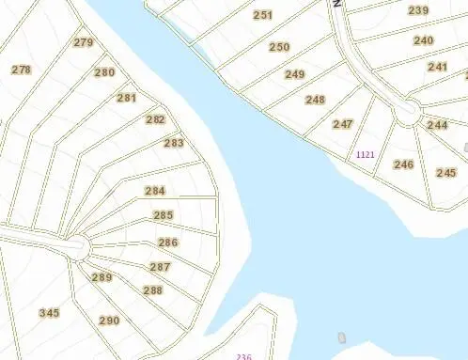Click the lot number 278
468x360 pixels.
(x=22, y=70)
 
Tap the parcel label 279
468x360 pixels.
(x=84, y=42)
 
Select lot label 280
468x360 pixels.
(x=104, y=72)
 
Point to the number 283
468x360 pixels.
(x=174, y=143)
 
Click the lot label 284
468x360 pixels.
(x=155, y=191)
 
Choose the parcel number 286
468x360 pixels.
(x=168, y=243)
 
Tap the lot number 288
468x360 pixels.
(x=153, y=290)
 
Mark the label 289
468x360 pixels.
(x=101, y=277)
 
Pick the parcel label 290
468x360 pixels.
(x=109, y=321)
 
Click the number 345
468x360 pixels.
(x=49, y=313)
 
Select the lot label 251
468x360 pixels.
(x=263, y=15)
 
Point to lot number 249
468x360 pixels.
(x=295, y=74)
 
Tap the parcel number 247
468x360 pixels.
(x=343, y=124)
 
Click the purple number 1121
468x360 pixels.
(x=365, y=154)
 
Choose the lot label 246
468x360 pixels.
(x=404, y=164)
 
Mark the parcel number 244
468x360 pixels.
(x=437, y=125)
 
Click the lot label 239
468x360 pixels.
(x=418, y=10)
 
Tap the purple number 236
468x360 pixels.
(x=244, y=356)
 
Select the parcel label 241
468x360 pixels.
(x=438, y=67)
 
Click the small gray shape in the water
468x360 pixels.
(x=341, y=337)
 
